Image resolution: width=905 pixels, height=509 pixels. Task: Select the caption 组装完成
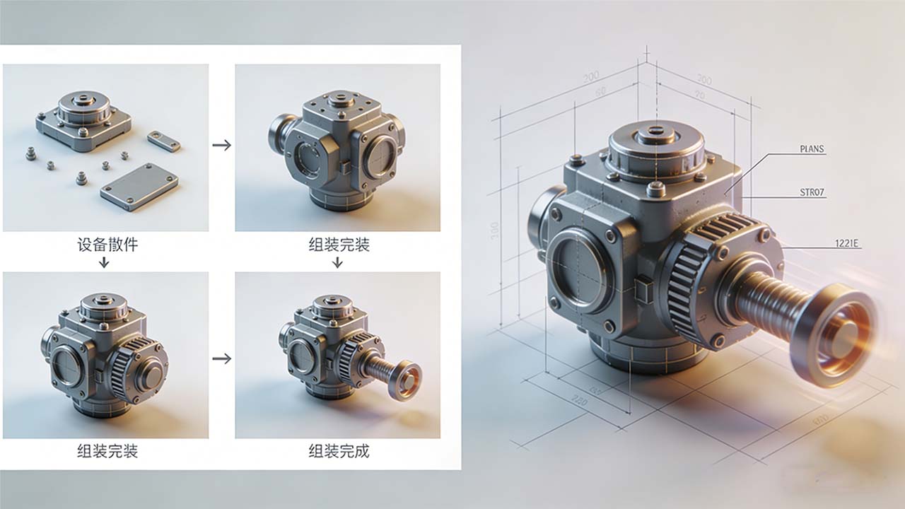[338, 450]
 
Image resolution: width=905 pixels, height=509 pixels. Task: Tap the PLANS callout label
[812, 149]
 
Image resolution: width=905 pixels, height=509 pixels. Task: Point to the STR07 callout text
[812, 192]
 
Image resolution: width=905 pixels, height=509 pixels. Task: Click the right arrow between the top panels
[221, 145]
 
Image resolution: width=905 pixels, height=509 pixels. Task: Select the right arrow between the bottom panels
[221, 358]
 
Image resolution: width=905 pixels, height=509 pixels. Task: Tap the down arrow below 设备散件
[104, 263]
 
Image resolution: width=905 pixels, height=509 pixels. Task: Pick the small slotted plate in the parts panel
[163, 141]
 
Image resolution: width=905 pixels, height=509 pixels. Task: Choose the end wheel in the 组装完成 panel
[406, 380]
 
